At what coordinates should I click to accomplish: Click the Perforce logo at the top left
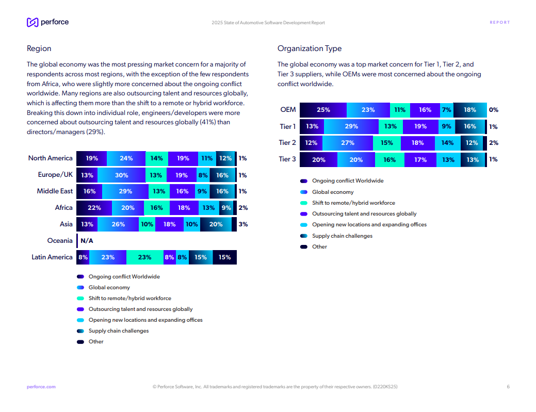click(x=47, y=22)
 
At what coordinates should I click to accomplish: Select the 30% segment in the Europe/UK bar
click(x=122, y=175)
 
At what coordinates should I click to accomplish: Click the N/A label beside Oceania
click(x=87, y=241)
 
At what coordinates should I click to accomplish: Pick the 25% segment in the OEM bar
click(x=323, y=110)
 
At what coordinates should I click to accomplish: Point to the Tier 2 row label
click(x=287, y=143)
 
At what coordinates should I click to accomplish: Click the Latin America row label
click(x=52, y=257)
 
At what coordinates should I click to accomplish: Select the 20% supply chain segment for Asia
click(x=216, y=224)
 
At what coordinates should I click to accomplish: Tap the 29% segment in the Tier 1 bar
click(x=351, y=126)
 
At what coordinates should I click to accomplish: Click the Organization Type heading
click(x=310, y=48)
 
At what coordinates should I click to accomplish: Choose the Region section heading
click(x=39, y=48)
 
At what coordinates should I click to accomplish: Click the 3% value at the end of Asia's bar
click(x=243, y=224)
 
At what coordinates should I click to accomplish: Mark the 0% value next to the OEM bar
click(x=494, y=110)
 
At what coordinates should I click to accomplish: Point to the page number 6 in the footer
click(x=508, y=387)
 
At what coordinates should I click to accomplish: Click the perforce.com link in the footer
click(x=41, y=387)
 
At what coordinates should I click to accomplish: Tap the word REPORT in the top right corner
click(x=499, y=23)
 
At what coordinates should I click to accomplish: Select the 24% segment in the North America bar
click(x=126, y=159)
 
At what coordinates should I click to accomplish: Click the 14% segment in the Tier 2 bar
click(x=447, y=143)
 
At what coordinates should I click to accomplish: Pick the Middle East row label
click(x=55, y=191)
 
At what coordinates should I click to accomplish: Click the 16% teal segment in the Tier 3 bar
click(x=389, y=160)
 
